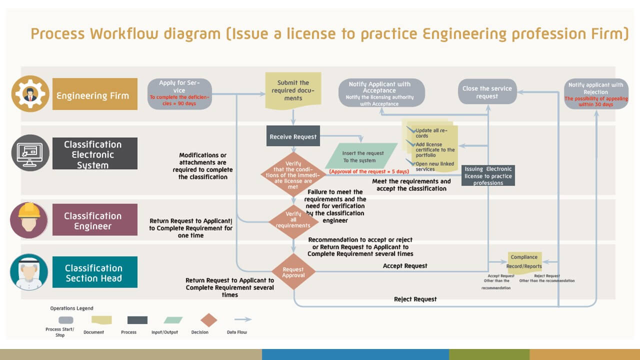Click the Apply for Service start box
(179, 93)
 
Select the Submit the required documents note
(293, 90)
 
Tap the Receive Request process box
(293, 136)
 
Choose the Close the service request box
(487, 92)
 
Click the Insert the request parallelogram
(361, 156)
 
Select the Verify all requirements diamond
(293, 219)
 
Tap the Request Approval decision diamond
(293, 271)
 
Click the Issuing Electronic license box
(488, 176)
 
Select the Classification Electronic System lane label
(94, 154)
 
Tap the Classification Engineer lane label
(94, 220)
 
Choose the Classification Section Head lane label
(94, 272)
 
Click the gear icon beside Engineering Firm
(30, 93)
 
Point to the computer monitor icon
(30, 153)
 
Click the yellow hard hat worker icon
(29, 219)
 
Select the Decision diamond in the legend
(208, 320)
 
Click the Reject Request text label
(415, 299)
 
